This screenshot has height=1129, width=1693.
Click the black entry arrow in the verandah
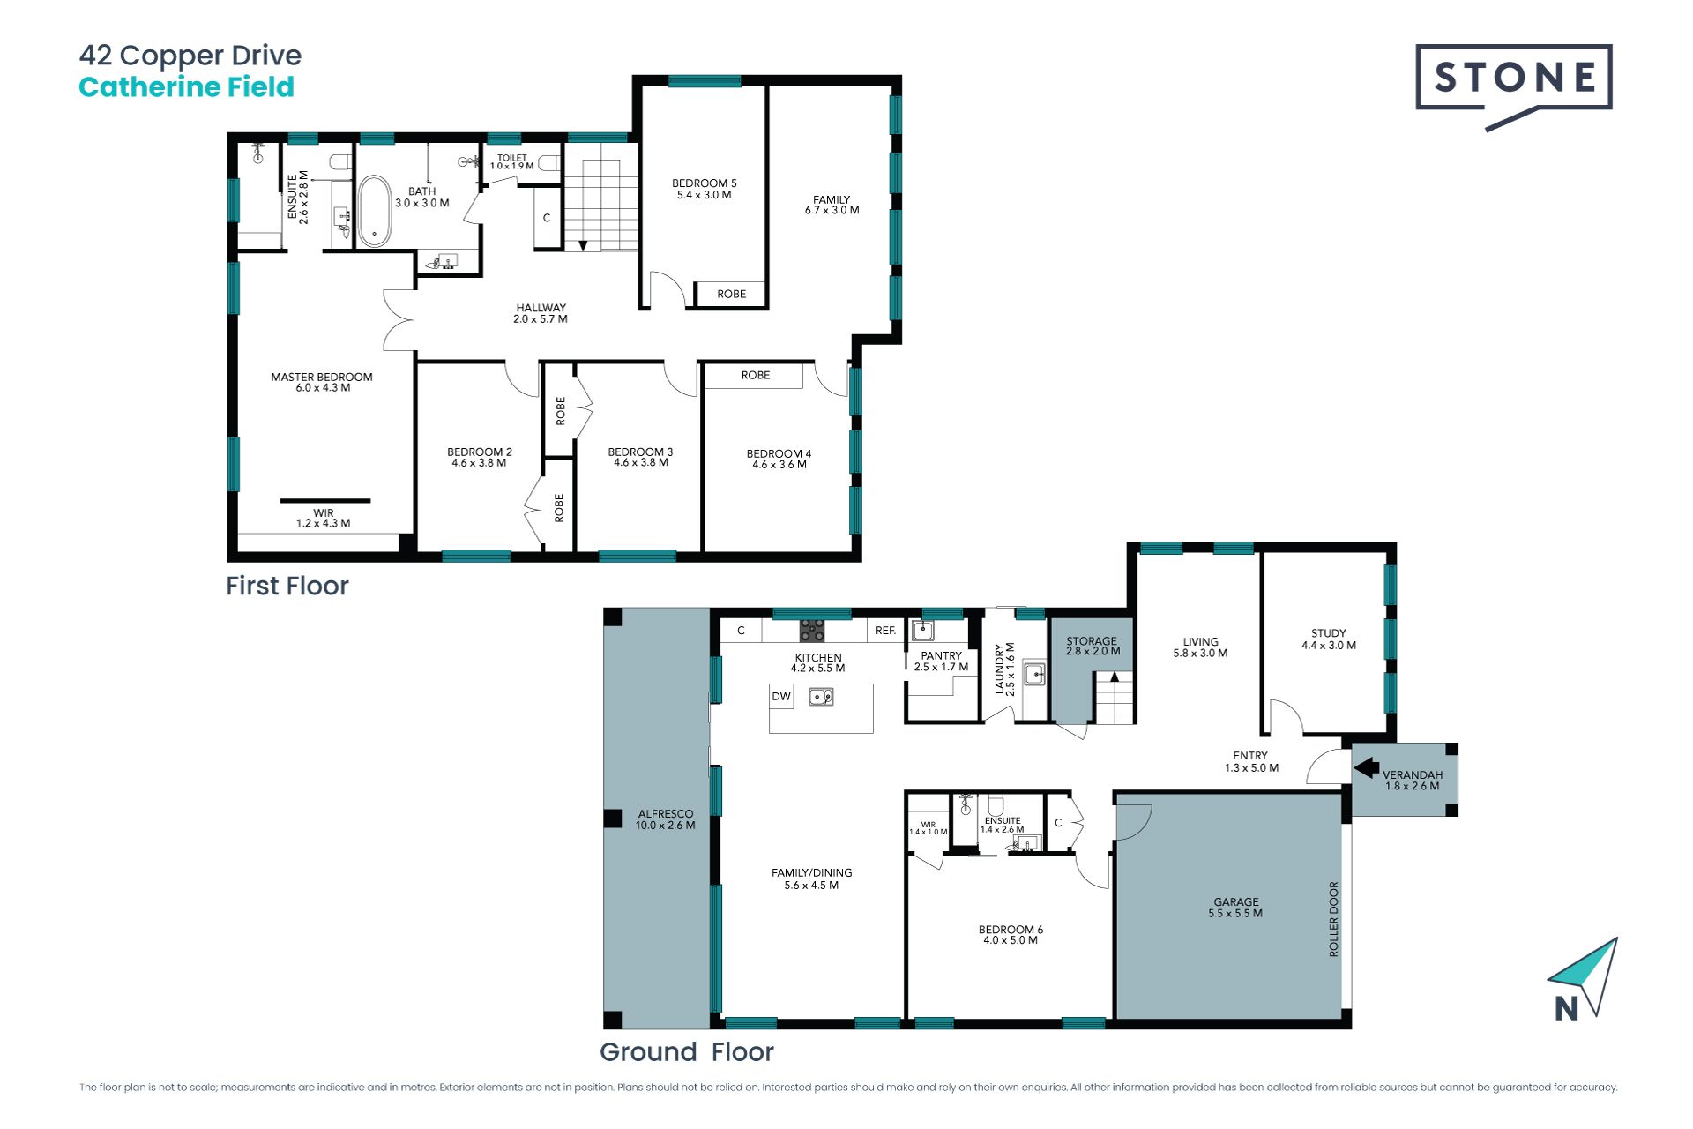[1367, 767]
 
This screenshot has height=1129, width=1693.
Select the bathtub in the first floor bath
[375, 211]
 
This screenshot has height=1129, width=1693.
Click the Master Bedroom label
[322, 382]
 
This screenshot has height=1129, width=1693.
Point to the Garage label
[1235, 908]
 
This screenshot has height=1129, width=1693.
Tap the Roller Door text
[1333, 919]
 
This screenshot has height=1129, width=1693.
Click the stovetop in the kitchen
[812, 630]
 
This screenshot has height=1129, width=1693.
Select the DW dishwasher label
[781, 696]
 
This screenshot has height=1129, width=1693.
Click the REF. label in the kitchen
[885, 631]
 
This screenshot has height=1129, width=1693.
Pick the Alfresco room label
[666, 819]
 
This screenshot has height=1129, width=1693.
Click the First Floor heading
[287, 586]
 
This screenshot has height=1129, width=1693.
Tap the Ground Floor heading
[687, 1051]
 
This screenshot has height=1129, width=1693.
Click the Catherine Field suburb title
[186, 86]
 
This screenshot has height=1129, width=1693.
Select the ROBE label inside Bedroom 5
[731, 294]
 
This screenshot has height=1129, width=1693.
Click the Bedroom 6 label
[1011, 935]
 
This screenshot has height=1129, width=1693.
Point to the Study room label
[1329, 639]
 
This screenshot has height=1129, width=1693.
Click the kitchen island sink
[822, 697]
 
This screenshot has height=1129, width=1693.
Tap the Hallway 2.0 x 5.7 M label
[541, 313]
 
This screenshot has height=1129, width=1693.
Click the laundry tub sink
[1034, 675]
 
